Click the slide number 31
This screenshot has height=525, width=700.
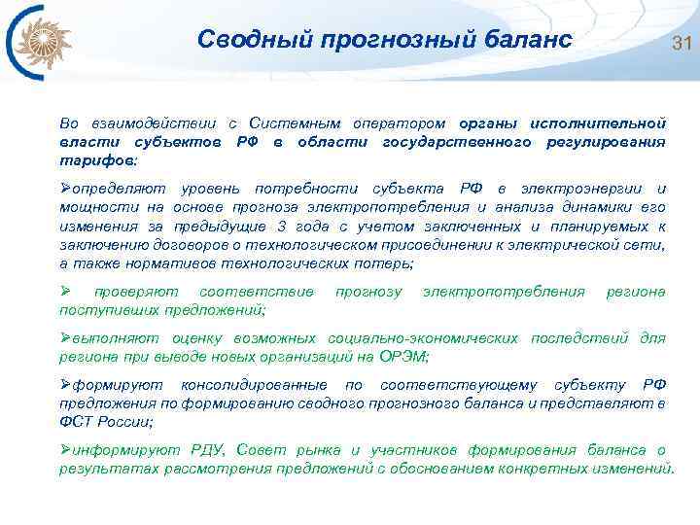(680, 43)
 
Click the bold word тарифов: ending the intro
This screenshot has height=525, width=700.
(98, 158)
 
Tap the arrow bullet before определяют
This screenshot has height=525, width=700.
(66, 188)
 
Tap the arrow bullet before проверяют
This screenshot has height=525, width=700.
(66, 292)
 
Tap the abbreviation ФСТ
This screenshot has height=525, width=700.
(76, 420)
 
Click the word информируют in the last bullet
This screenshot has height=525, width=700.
(123, 449)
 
